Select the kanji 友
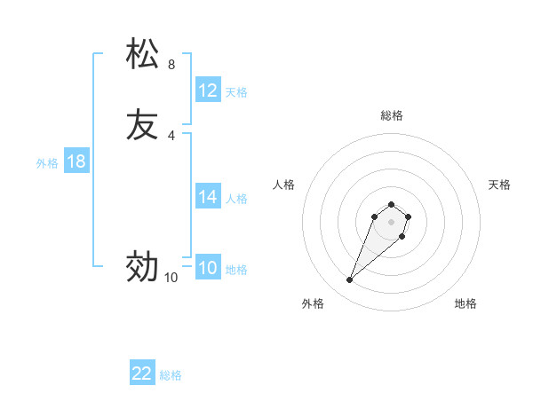coord(143,124)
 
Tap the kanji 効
coord(143,266)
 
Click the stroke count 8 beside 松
coord(171,65)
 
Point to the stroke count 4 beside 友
coord(171,136)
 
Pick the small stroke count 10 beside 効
coord(171,278)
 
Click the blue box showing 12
coord(208,90)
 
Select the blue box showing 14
coord(208,197)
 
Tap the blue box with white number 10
coord(208,268)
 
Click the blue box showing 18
coord(76,161)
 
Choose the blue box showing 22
coord(142,374)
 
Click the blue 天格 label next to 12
coord(236,92)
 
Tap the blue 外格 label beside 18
coord(47,163)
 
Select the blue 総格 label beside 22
coord(171,375)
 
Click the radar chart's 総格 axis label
coord(392,115)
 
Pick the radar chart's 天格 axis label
coord(500,185)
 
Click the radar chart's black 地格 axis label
coord(465,303)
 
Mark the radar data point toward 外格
coord(350,280)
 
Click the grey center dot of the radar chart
coord(392,222)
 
